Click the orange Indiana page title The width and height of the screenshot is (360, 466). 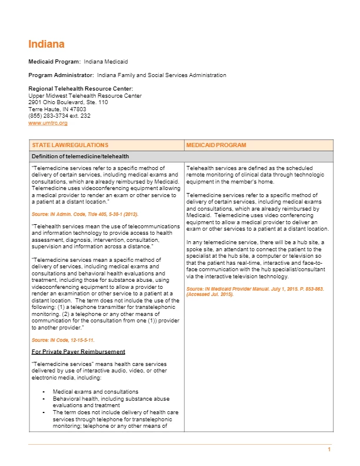46,44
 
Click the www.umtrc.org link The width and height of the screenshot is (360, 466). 48,122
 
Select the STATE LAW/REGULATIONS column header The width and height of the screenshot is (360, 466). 70,145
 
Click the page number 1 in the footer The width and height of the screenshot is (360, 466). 329,450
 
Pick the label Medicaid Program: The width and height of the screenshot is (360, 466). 55,61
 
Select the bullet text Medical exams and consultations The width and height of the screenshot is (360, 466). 96,392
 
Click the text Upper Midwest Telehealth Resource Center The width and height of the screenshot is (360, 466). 85,95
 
